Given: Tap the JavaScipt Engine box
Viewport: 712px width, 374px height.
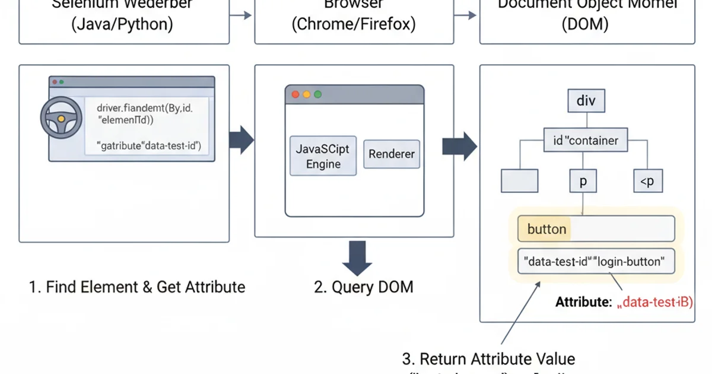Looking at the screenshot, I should [323, 156].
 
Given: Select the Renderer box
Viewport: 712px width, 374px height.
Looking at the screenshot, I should [392, 154].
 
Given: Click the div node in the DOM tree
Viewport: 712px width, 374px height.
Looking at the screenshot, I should [586, 100].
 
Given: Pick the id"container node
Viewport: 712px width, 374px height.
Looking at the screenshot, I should [586, 141].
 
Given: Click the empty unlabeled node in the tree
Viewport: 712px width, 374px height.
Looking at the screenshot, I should [519, 180].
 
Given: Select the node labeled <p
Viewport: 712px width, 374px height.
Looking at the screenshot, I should [646, 181].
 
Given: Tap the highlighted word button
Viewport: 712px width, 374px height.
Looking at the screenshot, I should [546, 229].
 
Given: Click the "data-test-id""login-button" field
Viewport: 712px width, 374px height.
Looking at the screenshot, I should [596, 261].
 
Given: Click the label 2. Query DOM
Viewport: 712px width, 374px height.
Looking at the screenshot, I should [363, 287].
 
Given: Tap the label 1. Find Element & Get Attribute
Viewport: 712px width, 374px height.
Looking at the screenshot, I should [137, 287].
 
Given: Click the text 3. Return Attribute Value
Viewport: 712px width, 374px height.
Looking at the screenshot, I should [488, 359].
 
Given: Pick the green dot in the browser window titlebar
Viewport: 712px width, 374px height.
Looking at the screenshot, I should [318, 94].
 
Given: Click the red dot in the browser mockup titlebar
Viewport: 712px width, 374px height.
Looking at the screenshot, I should [295, 94].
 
